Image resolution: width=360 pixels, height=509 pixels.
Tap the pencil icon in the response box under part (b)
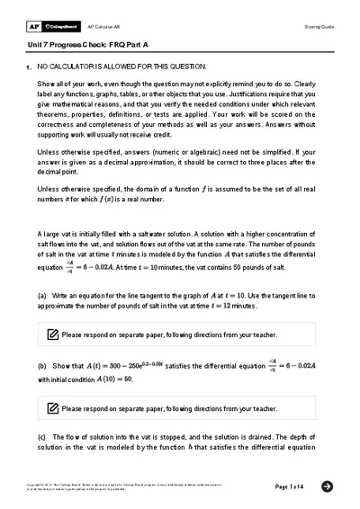point(52,408)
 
